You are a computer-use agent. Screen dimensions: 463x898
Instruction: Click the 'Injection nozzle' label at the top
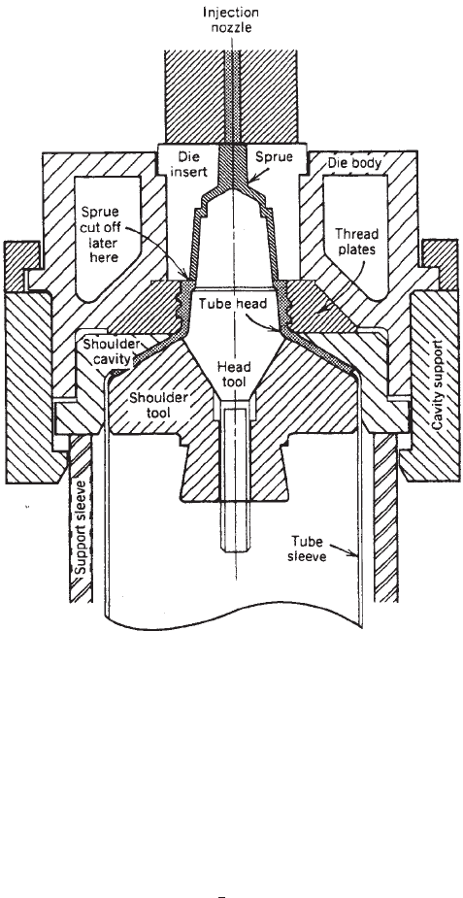232,18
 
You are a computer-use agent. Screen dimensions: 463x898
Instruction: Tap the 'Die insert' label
188,163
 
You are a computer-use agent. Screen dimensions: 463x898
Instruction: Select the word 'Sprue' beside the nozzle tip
274,157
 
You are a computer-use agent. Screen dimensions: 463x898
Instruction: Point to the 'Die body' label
354,163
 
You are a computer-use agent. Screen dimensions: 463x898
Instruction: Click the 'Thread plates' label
356,241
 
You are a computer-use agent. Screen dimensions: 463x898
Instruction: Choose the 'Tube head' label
233,303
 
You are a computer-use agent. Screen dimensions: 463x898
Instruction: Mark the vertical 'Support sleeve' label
82,528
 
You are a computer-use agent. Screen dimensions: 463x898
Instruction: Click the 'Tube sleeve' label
308,549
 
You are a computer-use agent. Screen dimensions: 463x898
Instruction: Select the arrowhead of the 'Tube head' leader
280,329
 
